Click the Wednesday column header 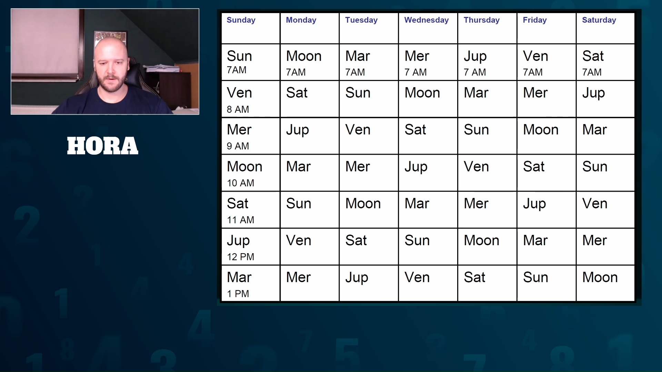pyautogui.click(x=426, y=20)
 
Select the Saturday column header pyautogui.click(x=599, y=20)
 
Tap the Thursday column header pyautogui.click(x=481, y=20)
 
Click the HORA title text pyautogui.click(x=103, y=146)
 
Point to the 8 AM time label pyautogui.click(x=238, y=109)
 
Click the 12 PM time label pyautogui.click(x=240, y=257)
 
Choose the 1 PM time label pyautogui.click(x=238, y=293)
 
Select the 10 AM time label pyautogui.click(x=240, y=183)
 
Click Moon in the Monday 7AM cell pyautogui.click(x=304, y=56)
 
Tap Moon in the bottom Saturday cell pyautogui.click(x=600, y=277)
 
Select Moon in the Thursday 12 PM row pyautogui.click(x=481, y=240)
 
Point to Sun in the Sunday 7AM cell pyautogui.click(x=239, y=56)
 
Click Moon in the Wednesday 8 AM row pyautogui.click(x=422, y=93)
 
